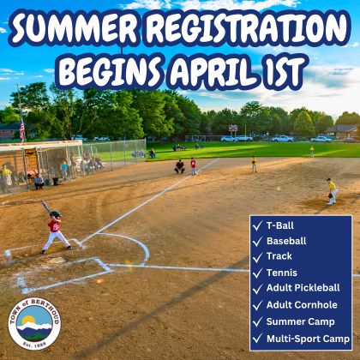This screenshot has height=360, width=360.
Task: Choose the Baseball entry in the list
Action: (285, 241)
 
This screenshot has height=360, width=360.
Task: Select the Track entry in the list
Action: (279, 256)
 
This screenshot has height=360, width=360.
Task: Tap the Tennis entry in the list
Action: (281, 273)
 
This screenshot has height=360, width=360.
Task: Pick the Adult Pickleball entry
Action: (303, 289)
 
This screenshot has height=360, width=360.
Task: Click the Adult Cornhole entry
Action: (302, 305)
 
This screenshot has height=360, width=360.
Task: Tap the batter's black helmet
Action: (56, 214)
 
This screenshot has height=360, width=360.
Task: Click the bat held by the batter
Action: (45, 206)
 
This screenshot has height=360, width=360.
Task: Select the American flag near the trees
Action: (22, 129)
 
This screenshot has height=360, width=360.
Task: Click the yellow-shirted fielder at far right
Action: (332, 189)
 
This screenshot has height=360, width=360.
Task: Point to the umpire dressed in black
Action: (179, 165)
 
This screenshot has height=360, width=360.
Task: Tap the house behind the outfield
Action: (341, 132)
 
